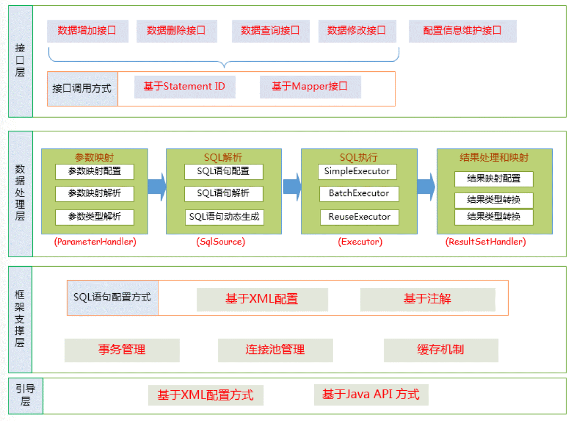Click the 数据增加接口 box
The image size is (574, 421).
[x=87, y=31]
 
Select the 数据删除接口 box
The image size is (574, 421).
[x=176, y=31]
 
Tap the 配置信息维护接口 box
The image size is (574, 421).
[x=462, y=31]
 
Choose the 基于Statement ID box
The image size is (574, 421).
[x=184, y=86]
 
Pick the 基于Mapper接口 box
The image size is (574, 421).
[x=310, y=86]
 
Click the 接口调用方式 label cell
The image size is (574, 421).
[x=82, y=88]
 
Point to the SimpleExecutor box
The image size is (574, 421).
[x=358, y=171]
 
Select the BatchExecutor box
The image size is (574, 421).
[x=359, y=193]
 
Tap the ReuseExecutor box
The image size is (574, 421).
[x=359, y=217]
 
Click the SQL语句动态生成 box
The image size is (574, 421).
[x=224, y=217]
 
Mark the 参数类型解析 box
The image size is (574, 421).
[x=95, y=217]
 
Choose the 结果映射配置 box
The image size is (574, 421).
[x=494, y=179]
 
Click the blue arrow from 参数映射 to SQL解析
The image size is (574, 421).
[x=157, y=187]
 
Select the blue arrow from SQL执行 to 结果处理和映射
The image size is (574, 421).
[x=426, y=187]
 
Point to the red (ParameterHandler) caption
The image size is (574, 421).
[x=95, y=242]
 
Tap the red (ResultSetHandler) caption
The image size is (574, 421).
[x=486, y=242]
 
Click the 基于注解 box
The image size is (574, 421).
[x=427, y=299]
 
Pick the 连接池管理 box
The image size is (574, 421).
[x=275, y=350]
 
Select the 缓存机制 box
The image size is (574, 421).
[x=441, y=350]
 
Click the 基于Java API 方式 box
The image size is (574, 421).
[x=371, y=394]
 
